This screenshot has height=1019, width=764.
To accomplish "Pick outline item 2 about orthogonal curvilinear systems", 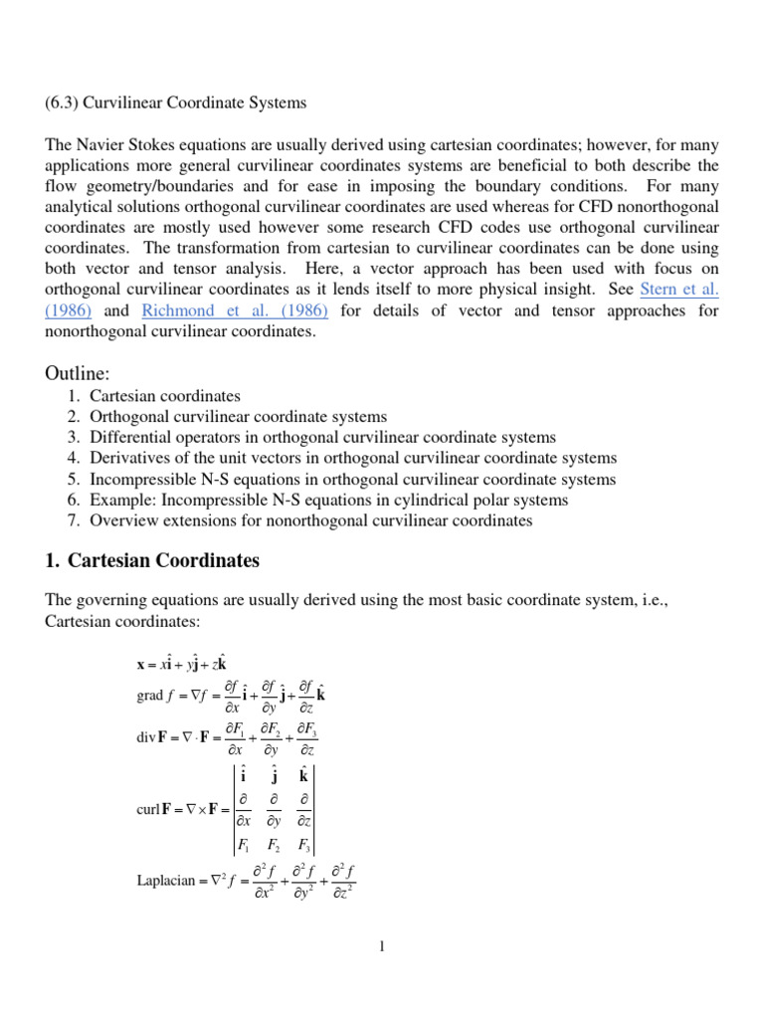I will [238, 417].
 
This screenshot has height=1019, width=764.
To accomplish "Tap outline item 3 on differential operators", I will [322, 438].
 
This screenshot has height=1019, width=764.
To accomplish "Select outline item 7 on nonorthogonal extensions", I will [311, 520].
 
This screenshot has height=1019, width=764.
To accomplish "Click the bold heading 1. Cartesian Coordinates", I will [152, 561].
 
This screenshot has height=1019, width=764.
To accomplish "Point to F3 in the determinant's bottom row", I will [305, 847].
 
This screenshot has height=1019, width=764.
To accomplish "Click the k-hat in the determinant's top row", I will [305, 776].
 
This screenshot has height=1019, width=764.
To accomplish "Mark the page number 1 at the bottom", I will [381, 946].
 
